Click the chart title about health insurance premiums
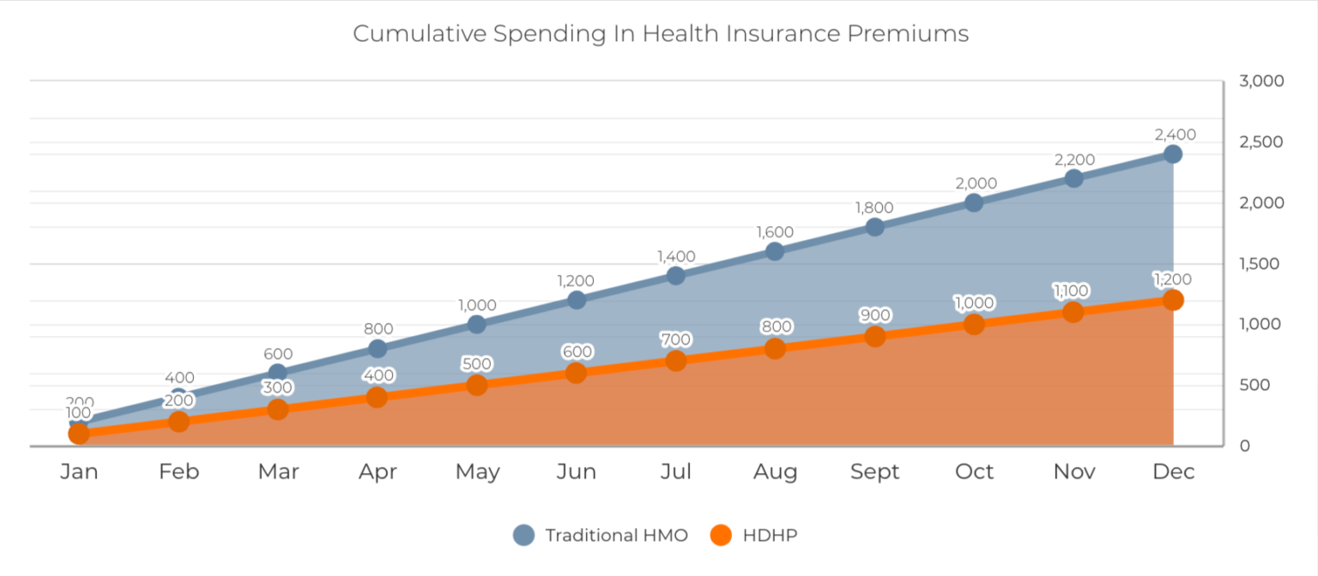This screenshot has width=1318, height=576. pyautogui.click(x=660, y=33)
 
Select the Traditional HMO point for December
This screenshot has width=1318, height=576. pyautogui.click(x=1173, y=154)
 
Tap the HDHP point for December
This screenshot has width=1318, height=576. pyautogui.click(x=1173, y=300)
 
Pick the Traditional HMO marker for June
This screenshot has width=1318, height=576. pyautogui.click(x=577, y=300)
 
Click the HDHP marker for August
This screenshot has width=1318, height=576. pyautogui.click(x=775, y=349)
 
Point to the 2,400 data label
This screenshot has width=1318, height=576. pyautogui.click(x=1175, y=135)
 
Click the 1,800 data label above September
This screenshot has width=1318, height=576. pyautogui.click(x=874, y=207)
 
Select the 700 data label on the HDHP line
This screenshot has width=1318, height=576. pyautogui.click(x=675, y=339)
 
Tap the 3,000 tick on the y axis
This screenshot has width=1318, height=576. pyautogui.click(x=1261, y=81)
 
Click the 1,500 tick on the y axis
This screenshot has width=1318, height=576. pyautogui.click(x=1259, y=264)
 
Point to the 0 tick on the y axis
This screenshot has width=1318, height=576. pyautogui.click(x=1244, y=446)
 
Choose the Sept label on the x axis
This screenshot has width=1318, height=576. pyautogui.click(x=875, y=471)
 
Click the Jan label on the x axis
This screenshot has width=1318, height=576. pyautogui.click(x=79, y=471)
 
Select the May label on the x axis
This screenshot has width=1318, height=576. pyautogui.click(x=477, y=472)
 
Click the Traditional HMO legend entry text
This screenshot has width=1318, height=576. pyautogui.click(x=616, y=536)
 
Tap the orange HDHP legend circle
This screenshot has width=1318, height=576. pyautogui.click(x=721, y=535)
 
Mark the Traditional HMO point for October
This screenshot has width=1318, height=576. pyautogui.click(x=974, y=203)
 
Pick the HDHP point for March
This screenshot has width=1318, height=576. pyautogui.click(x=278, y=409)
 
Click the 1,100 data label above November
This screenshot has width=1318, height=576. pyautogui.click(x=1071, y=291)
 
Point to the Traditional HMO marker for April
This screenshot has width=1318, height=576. pyautogui.click(x=378, y=349)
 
